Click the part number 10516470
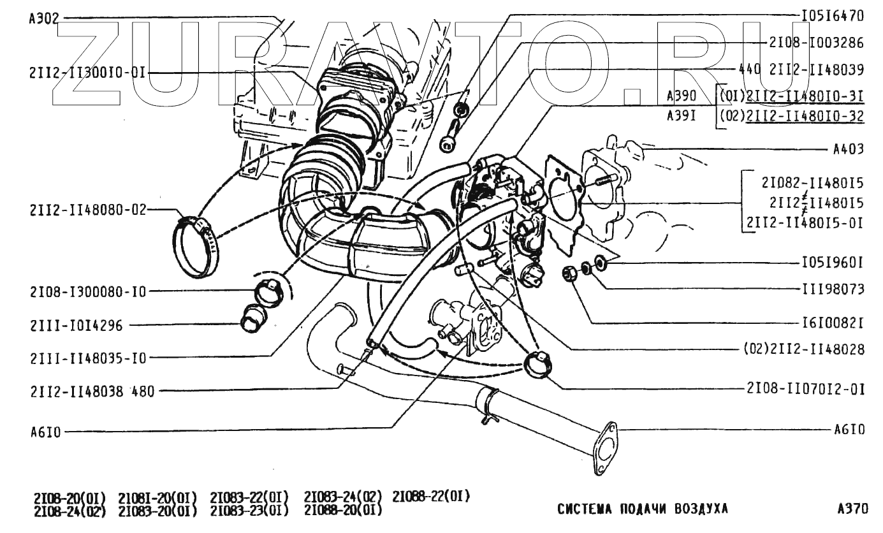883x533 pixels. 832,16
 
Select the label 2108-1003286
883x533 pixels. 817,43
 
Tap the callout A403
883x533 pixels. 849,150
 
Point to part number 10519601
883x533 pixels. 832,263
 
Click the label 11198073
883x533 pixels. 832,289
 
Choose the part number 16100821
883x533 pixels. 832,323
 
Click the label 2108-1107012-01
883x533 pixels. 805,388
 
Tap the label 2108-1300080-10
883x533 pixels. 87,292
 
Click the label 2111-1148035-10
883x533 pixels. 87,358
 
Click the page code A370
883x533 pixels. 853,509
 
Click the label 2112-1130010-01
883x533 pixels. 87,73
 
